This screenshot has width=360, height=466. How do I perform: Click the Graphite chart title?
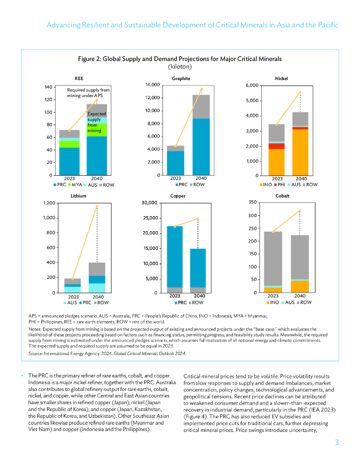(x=181, y=79)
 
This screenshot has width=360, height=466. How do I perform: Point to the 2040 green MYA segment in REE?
(x=96, y=130)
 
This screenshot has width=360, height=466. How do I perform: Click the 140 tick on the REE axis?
(x=47, y=87)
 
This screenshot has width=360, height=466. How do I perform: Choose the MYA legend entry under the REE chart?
(x=75, y=185)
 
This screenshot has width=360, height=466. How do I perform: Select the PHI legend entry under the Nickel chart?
(x=281, y=185)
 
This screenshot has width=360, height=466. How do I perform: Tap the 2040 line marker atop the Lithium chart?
(x=96, y=206)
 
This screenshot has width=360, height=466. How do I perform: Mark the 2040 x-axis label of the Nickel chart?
(x=301, y=179)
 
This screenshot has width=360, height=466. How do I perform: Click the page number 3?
(x=336, y=442)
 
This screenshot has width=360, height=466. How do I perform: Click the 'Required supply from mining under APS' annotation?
(x=88, y=93)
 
